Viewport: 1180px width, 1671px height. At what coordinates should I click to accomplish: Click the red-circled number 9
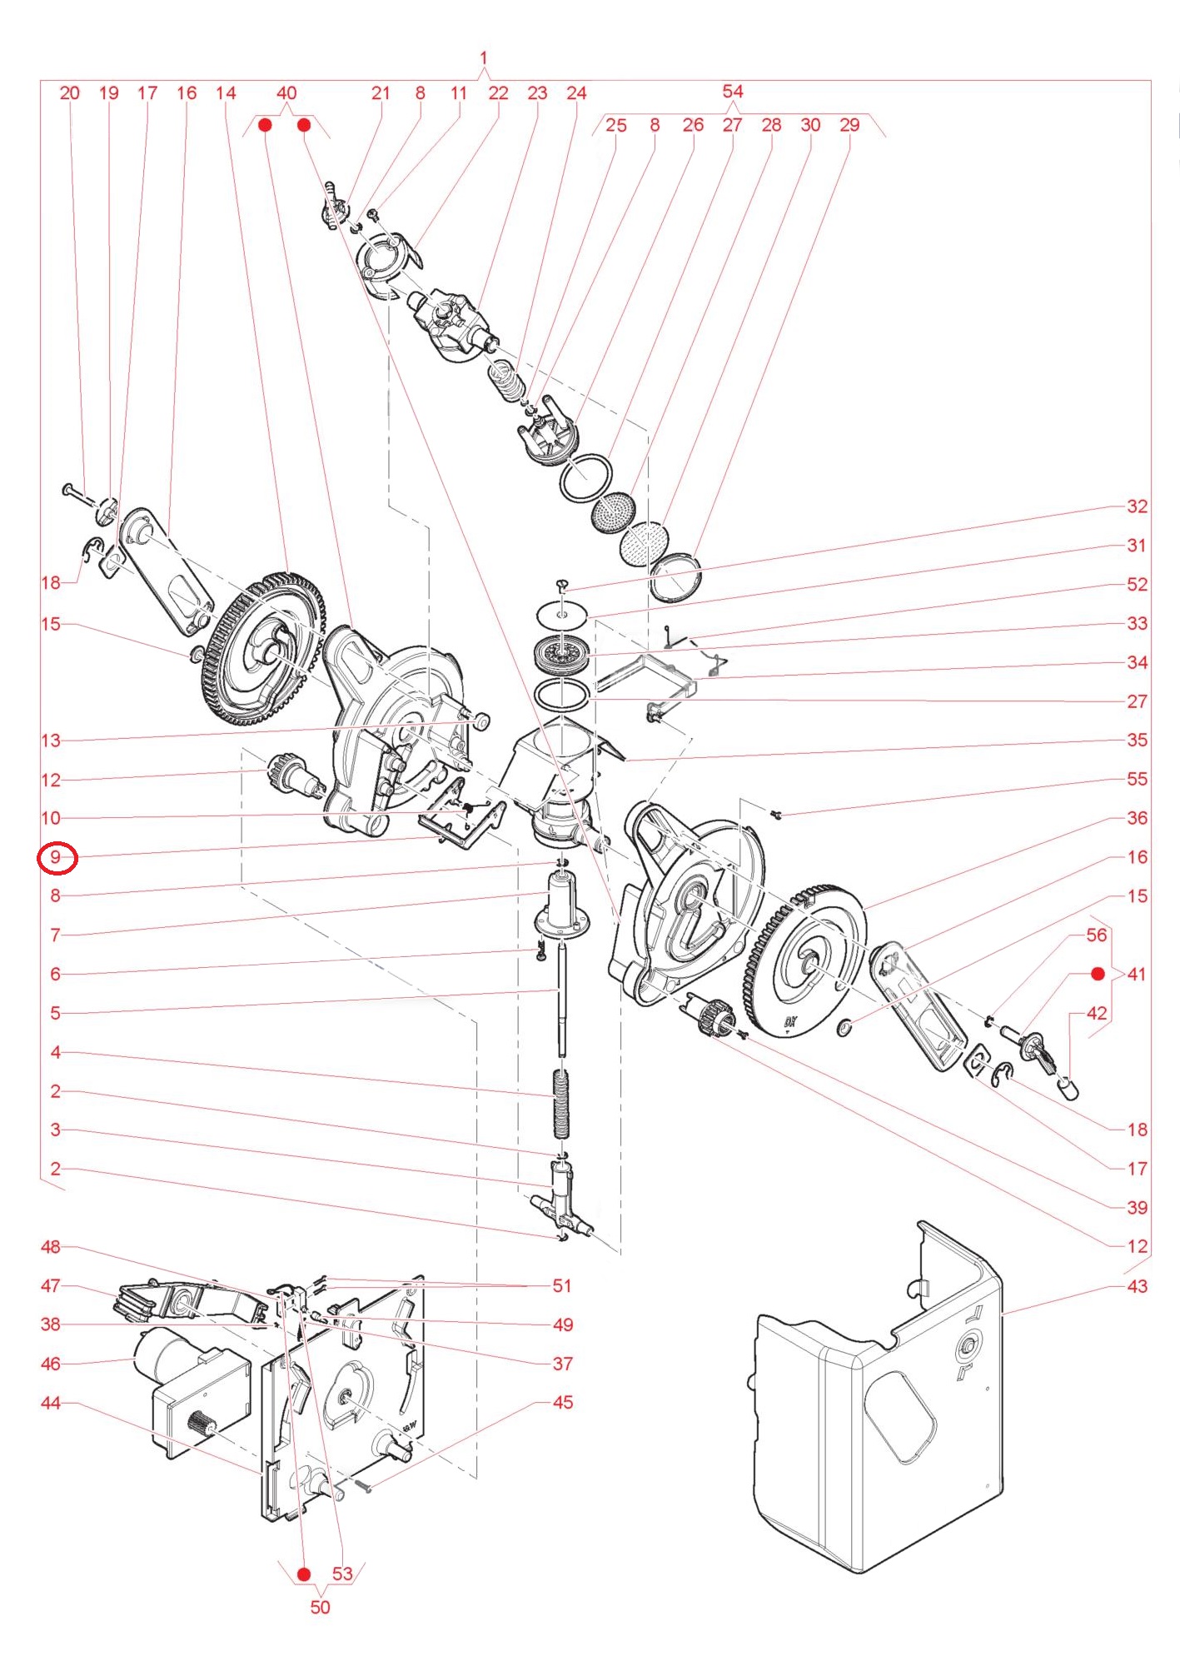tap(57, 857)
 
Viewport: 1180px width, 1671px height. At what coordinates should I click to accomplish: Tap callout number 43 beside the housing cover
tap(1137, 1286)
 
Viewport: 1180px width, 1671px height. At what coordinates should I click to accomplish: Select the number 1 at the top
tap(484, 59)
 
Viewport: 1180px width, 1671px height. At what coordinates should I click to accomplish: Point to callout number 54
tap(733, 92)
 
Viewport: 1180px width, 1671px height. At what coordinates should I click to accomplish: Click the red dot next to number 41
tap(1098, 974)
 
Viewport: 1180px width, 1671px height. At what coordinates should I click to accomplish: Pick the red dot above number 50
tap(304, 1574)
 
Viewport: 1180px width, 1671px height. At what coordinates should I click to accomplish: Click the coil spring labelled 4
tap(562, 1104)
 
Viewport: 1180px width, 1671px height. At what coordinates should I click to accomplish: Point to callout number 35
tap(1137, 740)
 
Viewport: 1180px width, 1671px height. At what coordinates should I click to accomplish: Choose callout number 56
tap(1097, 935)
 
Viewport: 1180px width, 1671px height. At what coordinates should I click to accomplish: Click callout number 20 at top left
tap(70, 93)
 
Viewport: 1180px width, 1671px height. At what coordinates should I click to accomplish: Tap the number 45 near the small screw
tap(563, 1403)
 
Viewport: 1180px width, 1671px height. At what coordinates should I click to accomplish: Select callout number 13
tap(51, 740)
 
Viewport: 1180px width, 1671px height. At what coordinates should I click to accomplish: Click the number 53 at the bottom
tap(342, 1574)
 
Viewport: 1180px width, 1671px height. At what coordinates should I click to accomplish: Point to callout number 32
tap(1137, 506)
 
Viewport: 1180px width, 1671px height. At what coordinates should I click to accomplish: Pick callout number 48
tap(51, 1247)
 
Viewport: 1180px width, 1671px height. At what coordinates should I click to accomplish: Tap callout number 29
tap(849, 125)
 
